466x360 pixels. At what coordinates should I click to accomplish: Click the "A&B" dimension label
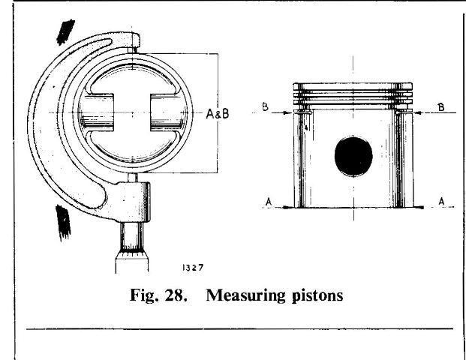(x=218, y=114)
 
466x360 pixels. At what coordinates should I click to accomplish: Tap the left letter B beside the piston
(x=266, y=107)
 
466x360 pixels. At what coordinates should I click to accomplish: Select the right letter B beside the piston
(x=441, y=107)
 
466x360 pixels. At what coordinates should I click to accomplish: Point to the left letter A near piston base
(x=269, y=202)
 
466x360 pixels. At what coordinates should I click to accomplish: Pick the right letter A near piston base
(x=442, y=202)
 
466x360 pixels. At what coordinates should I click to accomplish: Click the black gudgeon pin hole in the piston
(x=353, y=156)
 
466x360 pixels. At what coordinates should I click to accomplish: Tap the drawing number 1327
(x=193, y=268)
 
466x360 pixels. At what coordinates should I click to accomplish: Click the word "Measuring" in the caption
(x=246, y=295)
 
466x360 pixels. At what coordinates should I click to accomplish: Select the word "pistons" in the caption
(x=317, y=296)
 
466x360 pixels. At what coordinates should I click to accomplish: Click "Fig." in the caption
(x=143, y=295)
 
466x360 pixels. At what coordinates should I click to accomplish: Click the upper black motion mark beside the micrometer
(x=65, y=31)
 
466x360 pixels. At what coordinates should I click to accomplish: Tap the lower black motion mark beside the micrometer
(x=63, y=222)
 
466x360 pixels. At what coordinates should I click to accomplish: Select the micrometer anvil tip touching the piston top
(x=133, y=50)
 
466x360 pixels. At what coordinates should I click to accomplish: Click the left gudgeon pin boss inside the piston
(x=98, y=112)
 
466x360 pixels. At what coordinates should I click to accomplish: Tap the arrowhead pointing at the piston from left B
(x=288, y=112)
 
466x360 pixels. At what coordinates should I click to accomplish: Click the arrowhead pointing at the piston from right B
(x=418, y=112)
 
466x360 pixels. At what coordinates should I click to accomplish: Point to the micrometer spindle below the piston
(x=133, y=178)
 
